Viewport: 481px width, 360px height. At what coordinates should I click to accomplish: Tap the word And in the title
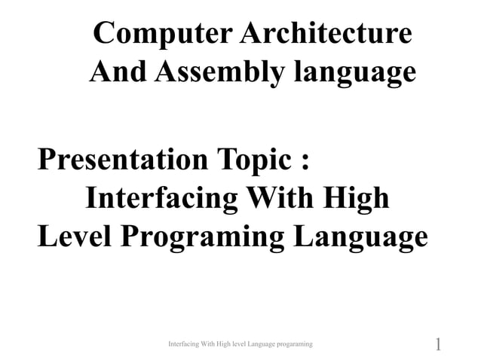click(x=120, y=72)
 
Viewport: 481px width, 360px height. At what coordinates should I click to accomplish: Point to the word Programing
click(x=202, y=238)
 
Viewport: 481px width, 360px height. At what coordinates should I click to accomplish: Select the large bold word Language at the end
click(x=360, y=238)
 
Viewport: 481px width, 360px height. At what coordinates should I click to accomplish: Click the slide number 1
click(x=438, y=345)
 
